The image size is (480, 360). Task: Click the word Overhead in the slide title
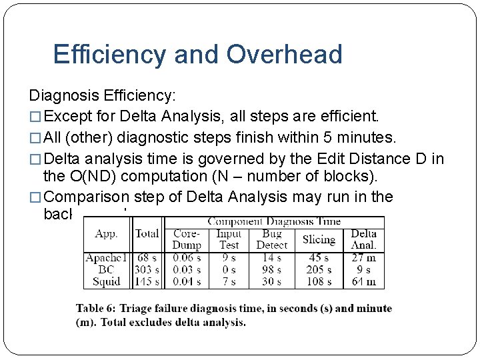[x=284, y=55]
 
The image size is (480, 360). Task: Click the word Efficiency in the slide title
[x=109, y=55]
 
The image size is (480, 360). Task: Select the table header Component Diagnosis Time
[x=273, y=221]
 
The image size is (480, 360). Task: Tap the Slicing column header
[x=318, y=239]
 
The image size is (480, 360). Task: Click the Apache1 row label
[x=106, y=257]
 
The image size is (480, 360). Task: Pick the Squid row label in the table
[x=106, y=281]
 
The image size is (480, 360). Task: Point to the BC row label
[x=106, y=269]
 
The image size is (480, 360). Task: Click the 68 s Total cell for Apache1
[x=147, y=257]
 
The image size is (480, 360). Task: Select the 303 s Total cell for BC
[x=147, y=269]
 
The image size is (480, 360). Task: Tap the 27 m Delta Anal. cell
[x=363, y=257]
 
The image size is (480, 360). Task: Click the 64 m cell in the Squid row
[x=363, y=281]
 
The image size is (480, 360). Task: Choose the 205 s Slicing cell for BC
[x=318, y=269]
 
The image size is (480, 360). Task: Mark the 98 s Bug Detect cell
[x=271, y=269]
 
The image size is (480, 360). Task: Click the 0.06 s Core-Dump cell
[x=187, y=257]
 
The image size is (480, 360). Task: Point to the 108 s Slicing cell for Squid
[x=318, y=281]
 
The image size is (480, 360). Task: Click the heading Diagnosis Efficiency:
[x=103, y=97]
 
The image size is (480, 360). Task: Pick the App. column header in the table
[x=106, y=234]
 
